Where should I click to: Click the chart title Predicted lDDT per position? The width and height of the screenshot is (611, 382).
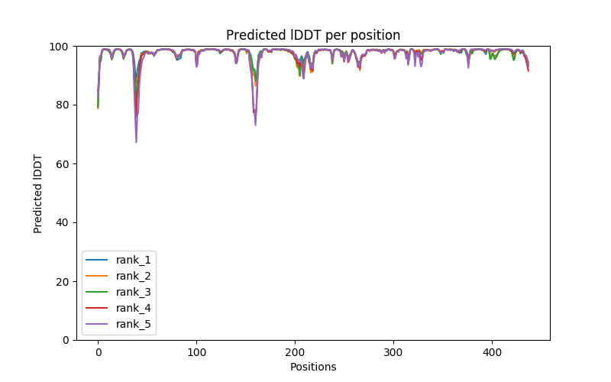tap(312, 35)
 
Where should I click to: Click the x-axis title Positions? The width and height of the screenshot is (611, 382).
tap(312, 367)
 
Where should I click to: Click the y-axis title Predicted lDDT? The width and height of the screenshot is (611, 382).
tap(38, 193)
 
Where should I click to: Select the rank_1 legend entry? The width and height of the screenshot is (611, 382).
tap(134, 260)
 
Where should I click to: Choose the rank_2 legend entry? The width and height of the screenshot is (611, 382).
tap(134, 276)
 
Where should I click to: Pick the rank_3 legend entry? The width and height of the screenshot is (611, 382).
tap(134, 292)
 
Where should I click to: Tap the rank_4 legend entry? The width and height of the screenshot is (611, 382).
tap(134, 308)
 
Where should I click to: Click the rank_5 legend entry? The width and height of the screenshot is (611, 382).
tap(134, 324)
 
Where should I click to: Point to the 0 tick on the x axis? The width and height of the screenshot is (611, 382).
tap(98, 351)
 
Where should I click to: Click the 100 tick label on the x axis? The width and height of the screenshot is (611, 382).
tap(196, 351)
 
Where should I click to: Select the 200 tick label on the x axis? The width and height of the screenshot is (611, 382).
tap(295, 351)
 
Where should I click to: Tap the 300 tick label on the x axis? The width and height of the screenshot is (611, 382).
tap(393, 351)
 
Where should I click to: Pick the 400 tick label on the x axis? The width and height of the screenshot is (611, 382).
tap(492, 351)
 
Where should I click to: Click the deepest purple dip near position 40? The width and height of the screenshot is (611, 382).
tap(137, 141)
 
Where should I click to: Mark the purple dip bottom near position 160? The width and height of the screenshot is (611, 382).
tap(255, 125)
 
